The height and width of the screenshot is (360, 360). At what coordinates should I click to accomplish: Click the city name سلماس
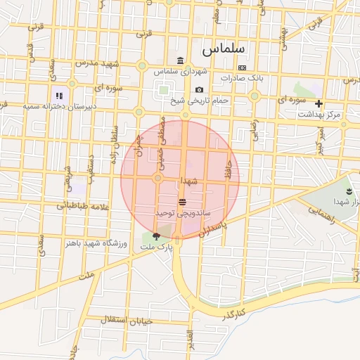pos(221,50)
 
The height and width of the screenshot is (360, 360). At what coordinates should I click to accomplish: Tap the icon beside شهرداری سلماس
pos(181,60)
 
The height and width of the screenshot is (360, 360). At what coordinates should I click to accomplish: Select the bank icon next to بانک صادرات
pos(242,67)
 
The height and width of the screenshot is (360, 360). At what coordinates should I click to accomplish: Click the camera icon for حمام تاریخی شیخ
pos(200,90)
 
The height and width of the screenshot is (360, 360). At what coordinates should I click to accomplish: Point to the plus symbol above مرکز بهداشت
pos(319,103)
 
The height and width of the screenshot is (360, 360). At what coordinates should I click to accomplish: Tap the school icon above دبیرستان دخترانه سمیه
pos(60,95)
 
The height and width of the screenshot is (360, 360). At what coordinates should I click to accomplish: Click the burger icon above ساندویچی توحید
pos(183,202)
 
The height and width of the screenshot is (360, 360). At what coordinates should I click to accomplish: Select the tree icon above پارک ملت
pos(156,237)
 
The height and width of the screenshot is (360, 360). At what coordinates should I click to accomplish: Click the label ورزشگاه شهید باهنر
pos(96,243)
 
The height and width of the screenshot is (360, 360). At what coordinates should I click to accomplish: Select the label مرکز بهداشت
pos(319,114)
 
